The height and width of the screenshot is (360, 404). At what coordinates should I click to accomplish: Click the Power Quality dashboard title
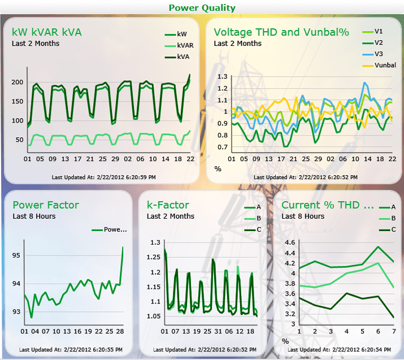[202, 8]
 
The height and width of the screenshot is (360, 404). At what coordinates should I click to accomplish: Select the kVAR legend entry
[179, 45]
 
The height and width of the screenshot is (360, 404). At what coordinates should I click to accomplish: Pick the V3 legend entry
[372, 54]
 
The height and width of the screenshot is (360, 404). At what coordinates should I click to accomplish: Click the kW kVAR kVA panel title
[47, 32]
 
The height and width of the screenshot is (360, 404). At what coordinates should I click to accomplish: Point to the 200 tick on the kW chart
[18, 82]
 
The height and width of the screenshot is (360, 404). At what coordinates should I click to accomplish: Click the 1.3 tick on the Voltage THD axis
[223, 76]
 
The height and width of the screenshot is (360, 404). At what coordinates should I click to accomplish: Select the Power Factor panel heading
[46, 205]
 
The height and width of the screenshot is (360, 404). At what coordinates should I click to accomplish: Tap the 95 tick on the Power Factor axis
[16, 255]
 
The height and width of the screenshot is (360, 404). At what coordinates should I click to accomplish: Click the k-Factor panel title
[168, 205]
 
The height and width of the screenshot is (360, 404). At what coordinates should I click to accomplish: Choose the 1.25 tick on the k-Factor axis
[153, 257]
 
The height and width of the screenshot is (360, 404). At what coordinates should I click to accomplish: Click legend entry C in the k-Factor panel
[253, 229]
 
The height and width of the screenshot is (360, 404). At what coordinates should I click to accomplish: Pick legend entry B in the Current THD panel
[388, 218]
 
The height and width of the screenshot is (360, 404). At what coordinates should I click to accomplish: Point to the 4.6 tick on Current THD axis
[290, 242]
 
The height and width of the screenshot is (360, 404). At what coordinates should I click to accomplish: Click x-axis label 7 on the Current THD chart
[394, 331]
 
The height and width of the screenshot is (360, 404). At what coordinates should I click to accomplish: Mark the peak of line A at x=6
[378, 247]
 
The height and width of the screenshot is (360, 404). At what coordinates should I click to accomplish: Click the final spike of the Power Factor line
[123, 247]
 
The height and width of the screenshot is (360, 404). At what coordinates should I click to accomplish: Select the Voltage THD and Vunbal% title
[281, 32]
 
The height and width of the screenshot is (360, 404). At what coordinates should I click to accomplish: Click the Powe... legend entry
[109, 229]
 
